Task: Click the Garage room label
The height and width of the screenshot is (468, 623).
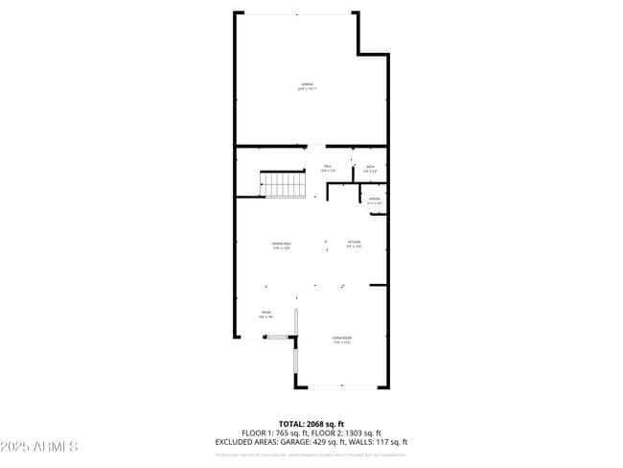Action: [x=308, y=86]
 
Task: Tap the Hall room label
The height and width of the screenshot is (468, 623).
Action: [x=327, y=169]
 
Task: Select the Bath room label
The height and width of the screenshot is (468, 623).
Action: [x=370, y=169]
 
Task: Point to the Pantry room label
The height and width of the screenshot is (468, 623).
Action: [x=375, y=201]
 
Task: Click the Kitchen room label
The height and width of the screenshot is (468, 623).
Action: [x=354, y=245]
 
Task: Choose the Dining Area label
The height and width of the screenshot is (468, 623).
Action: [x=281, y=246]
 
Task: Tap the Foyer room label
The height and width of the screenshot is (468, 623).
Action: [x=265, y=315]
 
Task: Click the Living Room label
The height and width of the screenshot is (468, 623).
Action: [x=342, y=340]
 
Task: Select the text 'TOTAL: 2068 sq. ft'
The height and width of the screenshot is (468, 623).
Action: [x=311, y=424]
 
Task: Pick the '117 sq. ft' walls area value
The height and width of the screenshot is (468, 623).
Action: [x=388, y=442]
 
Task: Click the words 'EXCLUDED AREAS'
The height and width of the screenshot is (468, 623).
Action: [x=242, y=442]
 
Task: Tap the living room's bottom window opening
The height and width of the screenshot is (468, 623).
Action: [x=342, y=387]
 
